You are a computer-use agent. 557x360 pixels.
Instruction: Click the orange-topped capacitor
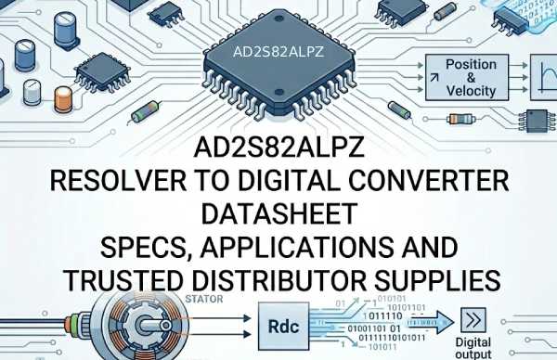(x=64, y=97)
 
